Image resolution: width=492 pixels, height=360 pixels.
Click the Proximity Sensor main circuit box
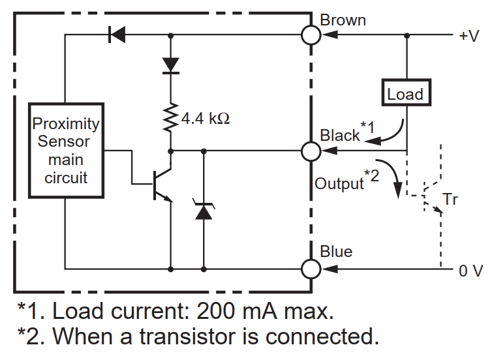(66, 151)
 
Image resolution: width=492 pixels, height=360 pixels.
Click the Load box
(405, 94)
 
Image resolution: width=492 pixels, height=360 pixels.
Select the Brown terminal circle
(311, 35)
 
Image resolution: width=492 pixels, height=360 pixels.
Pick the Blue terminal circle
(311, 268)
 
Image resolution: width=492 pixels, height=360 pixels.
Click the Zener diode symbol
(204, 210)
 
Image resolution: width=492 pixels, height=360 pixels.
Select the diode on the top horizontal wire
(117, 35)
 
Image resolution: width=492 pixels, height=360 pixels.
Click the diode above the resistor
(171, 65)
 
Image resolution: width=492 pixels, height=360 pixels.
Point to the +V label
(469, 36)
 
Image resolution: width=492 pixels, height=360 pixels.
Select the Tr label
(450, 200)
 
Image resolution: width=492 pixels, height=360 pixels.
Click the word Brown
(343, 20)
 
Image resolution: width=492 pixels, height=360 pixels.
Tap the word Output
(339, 183)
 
